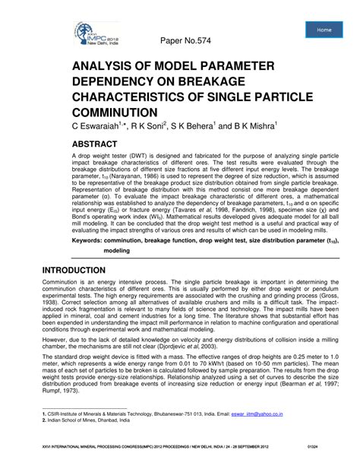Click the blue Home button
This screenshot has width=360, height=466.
324,30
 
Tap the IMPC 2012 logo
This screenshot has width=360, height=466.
96,33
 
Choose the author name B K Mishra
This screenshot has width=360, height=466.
252,125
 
